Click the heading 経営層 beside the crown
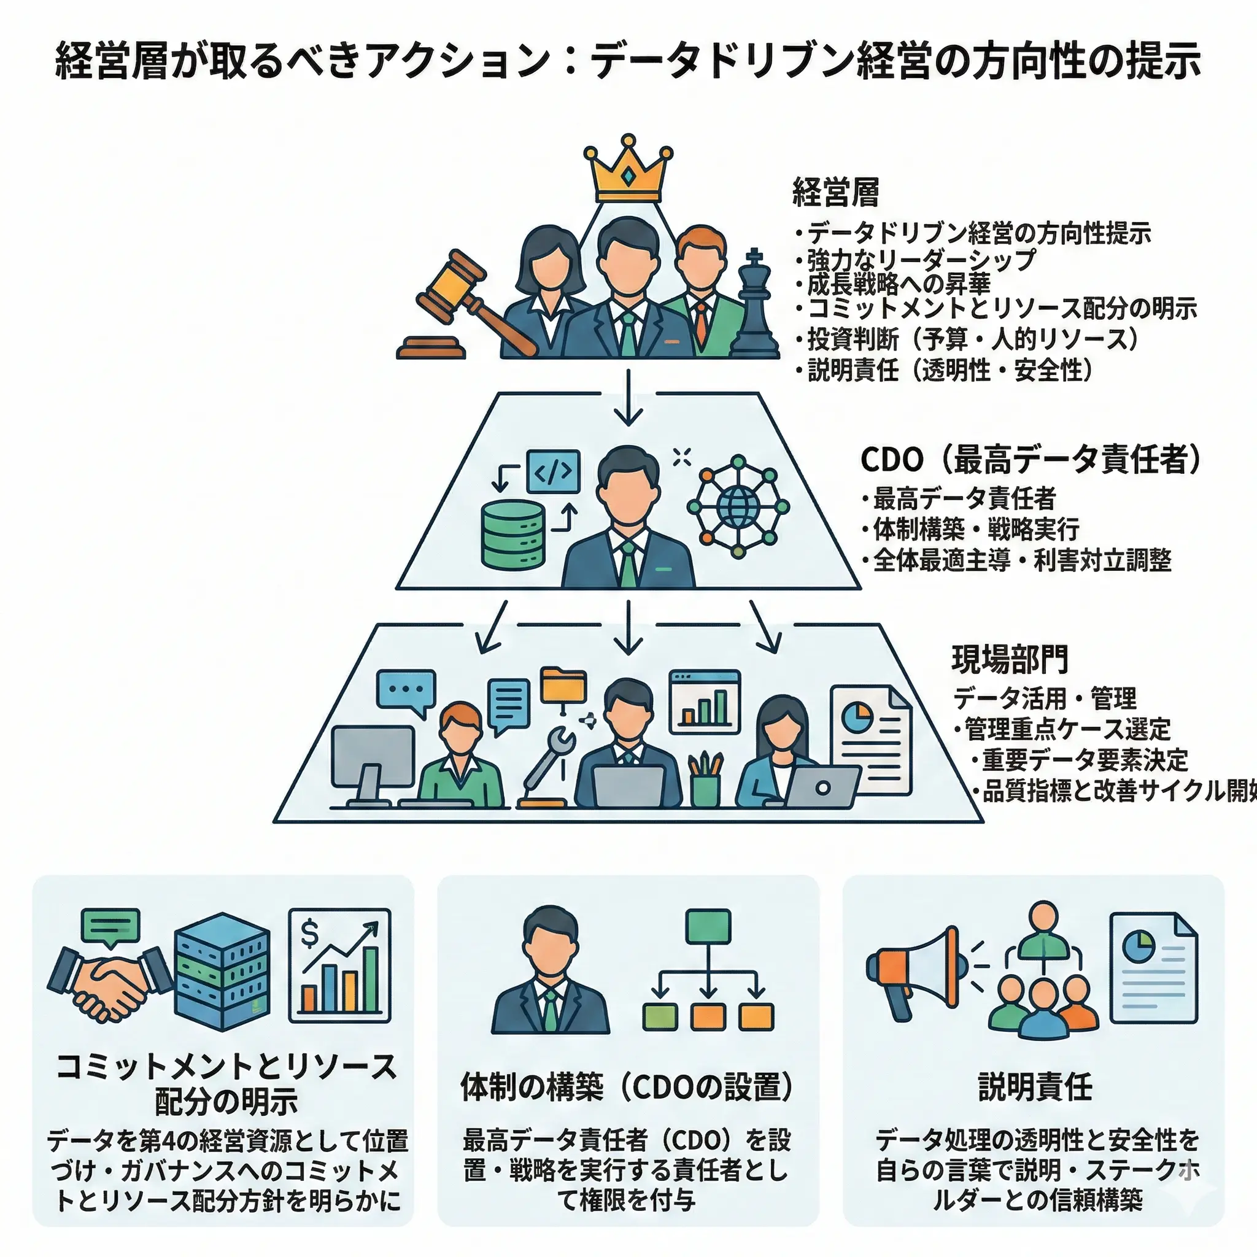tap(835, 193)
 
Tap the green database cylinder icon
tap(512, 534)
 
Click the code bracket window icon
tap(552, 471)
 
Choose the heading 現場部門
tap(1010, 659)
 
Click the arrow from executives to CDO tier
tap(628, 397)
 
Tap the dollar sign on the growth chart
tap(311, 934)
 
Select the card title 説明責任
tap(1034, 1087)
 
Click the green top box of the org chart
tap(708, 926)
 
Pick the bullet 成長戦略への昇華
tap(899, 284)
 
